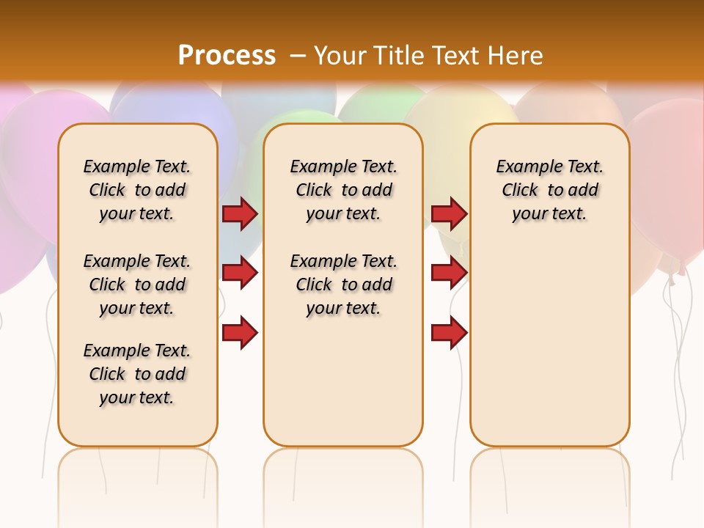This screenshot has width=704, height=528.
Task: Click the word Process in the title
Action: tap(227, 56)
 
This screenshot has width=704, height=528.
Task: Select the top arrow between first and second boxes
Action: tap(240, 214)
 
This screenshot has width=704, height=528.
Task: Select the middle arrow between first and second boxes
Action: tap(240, 273)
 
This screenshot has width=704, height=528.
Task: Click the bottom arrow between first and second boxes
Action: tap(240, 333)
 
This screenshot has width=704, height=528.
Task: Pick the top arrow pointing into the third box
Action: tap(449, 214)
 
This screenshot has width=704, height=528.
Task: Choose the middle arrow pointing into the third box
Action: tap(449, 273)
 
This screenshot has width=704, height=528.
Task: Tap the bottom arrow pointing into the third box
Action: tap(449, 333)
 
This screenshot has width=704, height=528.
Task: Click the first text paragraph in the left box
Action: tap(137, 190)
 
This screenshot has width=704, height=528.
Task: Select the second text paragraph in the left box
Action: tap(137, 285)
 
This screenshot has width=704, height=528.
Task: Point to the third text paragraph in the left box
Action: tap(137, 374)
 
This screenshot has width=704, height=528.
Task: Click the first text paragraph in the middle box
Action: tap(343, 190)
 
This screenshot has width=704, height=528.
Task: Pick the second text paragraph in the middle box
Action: tap(343, 285)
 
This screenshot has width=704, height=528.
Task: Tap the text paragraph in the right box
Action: tap(549, 190)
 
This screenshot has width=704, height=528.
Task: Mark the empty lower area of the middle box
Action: tap(343, 381)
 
